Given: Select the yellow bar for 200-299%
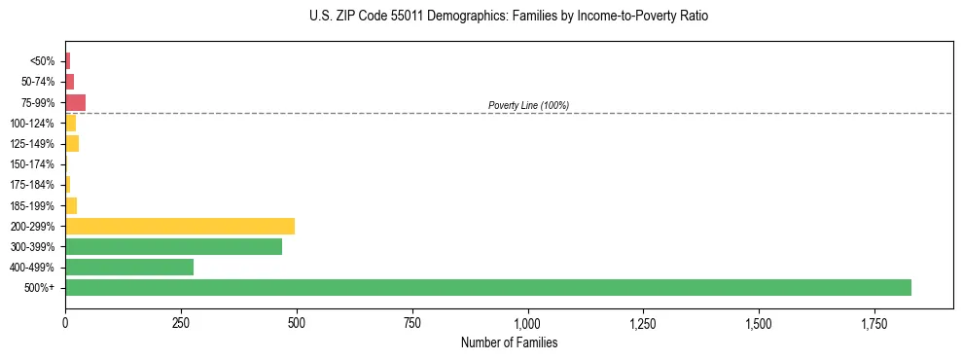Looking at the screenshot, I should click(180, 226).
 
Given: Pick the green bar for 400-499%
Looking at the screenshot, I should click(129, 267).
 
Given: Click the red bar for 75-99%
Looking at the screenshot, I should click(76, 102).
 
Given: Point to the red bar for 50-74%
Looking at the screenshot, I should click(70, 82).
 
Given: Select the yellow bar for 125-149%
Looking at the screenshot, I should click(72, 144).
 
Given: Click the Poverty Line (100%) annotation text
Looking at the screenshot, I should click(528, 105).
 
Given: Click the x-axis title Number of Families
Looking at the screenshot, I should click(509, 342).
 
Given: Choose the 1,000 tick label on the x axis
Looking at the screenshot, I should click(527, 322).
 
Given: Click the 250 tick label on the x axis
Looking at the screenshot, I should click(181, 322).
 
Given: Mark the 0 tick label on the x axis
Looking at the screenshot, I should click(65, 322).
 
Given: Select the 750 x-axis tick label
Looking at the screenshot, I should click(412, 322).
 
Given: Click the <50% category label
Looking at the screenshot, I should click(42, 61).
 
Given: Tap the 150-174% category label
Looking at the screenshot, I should click(32, 164).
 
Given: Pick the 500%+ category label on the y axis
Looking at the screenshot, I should click(40, 288).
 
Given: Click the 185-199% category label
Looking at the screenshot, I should click(32, 205).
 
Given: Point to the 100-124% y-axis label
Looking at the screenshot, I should click(32, 124).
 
